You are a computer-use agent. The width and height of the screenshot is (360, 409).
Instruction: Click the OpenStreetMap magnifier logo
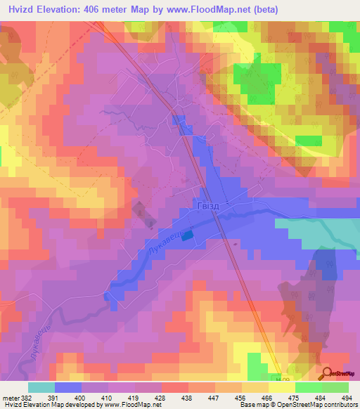(328, 374)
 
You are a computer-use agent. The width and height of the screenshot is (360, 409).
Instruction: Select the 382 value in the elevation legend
(29, 397)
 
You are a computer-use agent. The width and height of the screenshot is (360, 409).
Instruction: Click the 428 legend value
(162, 397)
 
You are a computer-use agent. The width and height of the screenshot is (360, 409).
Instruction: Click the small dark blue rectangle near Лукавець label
(186, 237)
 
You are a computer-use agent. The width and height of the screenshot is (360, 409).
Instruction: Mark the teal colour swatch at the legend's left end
(41, 387)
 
